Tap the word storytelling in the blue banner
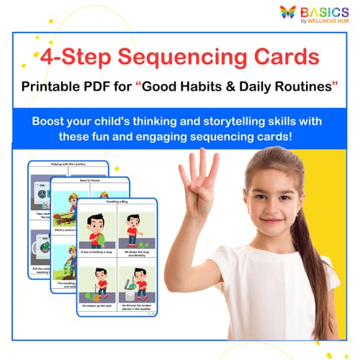tap(232, 119)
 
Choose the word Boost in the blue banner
tap(49, 119)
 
